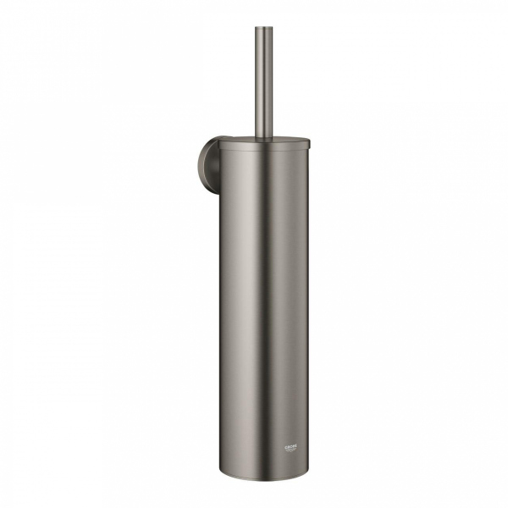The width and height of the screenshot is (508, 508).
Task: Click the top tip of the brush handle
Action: pyautogui.click(x=261, y=29)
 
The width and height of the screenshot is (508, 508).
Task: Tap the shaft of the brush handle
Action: pyautogui.click(x=261, y=85)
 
